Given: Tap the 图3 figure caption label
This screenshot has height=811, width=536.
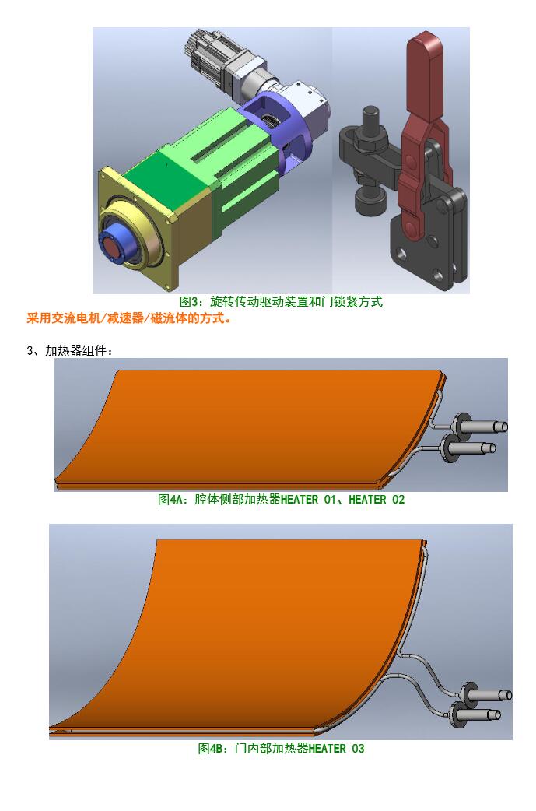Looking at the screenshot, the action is (189, 301).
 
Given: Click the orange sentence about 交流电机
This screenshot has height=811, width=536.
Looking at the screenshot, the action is (128, 318).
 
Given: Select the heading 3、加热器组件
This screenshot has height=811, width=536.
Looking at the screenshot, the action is (70, 351).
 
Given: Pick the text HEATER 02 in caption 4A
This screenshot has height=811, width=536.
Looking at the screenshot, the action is (377, 500).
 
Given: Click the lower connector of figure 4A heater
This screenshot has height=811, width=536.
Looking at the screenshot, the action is (468, 448).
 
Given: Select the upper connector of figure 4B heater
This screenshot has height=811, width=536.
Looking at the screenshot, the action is (486, 695).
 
